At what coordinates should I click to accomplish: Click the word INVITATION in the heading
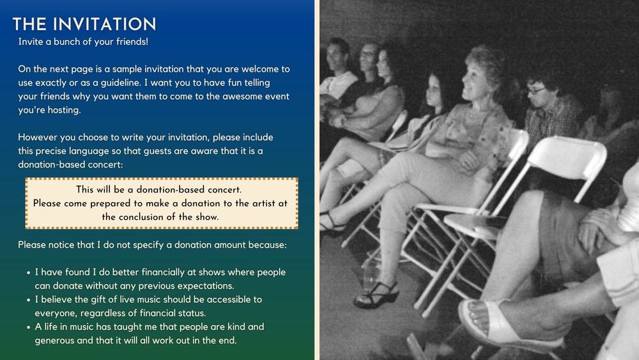(x=104, y=24)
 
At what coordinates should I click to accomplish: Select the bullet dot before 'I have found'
(x=29, y=273)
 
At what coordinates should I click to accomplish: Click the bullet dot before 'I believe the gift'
(x=29, y=300)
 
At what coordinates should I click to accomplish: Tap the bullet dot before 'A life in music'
(x=29, y=327)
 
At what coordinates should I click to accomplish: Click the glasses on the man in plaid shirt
(x=536, y=91)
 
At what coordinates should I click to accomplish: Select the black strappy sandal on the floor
(x=377, y=295)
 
